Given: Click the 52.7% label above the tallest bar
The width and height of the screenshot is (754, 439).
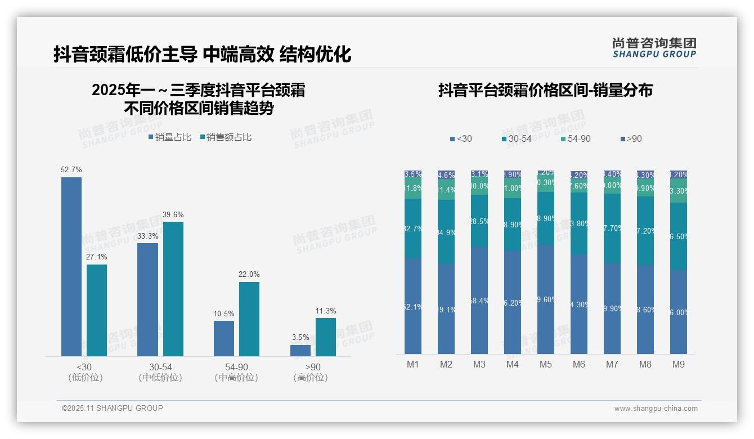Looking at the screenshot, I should click(x=71, y=169).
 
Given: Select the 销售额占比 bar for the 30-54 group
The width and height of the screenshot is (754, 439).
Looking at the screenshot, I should click(x=173, y=289).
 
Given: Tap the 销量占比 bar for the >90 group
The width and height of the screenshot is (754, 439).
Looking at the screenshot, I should click(x=300, y=350).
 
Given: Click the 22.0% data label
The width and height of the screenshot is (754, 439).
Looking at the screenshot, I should click(x=249, y=274).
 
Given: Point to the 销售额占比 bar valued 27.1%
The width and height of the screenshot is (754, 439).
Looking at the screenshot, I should click(x=97, y=310).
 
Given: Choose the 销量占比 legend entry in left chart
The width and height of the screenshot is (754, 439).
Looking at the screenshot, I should click(x=170, y=137).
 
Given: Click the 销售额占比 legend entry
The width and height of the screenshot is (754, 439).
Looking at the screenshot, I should click(x=226, y=137).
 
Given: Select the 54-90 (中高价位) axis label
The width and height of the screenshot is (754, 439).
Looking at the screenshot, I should click(x=236, y=372).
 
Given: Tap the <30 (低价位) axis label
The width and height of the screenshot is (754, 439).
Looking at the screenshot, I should click(x=85, y=372).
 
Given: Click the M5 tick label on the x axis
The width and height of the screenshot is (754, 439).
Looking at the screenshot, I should click(x=546, y=364).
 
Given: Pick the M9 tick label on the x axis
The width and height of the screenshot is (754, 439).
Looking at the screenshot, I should click(x=679, y=364).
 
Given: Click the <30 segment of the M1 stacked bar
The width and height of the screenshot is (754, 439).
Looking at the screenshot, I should click(x=413, y=306).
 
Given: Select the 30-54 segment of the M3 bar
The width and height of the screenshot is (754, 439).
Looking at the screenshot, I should click(x=479, y=221).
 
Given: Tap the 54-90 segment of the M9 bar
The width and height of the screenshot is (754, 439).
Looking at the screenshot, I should click(x=679, y=191).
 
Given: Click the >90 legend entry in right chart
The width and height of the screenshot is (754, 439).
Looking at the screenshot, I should click(x=631, y=138).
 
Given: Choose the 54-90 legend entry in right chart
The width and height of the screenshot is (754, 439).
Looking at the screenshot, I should click(x=576, y=138).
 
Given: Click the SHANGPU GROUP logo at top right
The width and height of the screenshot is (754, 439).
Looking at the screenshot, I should click(x=654, y=48).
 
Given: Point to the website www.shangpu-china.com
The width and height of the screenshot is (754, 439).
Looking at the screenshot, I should click(x=656, y=409).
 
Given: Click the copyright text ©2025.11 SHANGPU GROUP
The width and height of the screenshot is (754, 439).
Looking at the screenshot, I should click(x=113, y=408).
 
